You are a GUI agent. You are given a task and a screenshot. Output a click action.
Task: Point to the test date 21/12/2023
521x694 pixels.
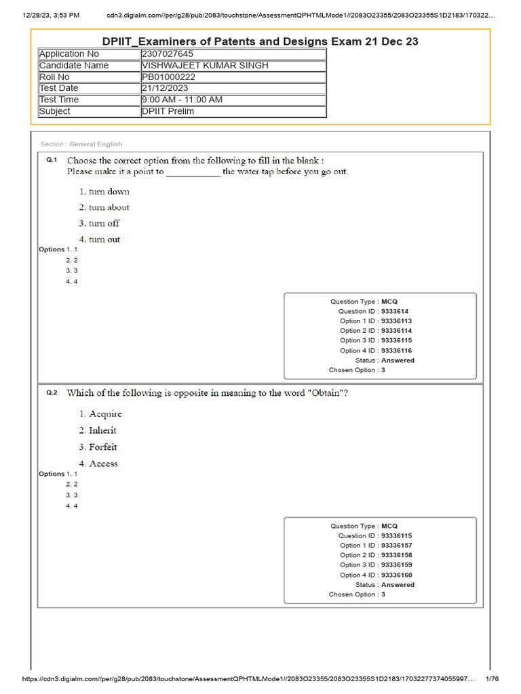tap(165, 88)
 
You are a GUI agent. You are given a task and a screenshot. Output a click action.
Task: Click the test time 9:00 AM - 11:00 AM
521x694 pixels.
tap(182, 100)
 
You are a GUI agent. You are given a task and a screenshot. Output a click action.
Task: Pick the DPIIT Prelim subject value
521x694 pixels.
tap(168, 111)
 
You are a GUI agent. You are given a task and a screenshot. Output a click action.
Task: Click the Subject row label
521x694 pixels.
tap(55, 111)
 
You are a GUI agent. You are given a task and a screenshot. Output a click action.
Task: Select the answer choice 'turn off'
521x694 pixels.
tap(104, 224)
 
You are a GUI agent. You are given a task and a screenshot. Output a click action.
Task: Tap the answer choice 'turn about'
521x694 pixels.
tap(109, 207)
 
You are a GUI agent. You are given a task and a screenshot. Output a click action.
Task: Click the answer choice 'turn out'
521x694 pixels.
tap(104, 239)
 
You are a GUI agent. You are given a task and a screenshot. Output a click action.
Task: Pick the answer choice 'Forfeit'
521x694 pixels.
tap(102, 447)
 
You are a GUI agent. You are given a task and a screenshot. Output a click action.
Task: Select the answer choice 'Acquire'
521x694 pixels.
tap(105, 414)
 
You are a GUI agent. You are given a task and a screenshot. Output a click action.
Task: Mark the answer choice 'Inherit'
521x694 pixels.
tap(102, 430)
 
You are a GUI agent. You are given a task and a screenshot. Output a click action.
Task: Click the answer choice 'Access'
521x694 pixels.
tap(103, 464)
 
